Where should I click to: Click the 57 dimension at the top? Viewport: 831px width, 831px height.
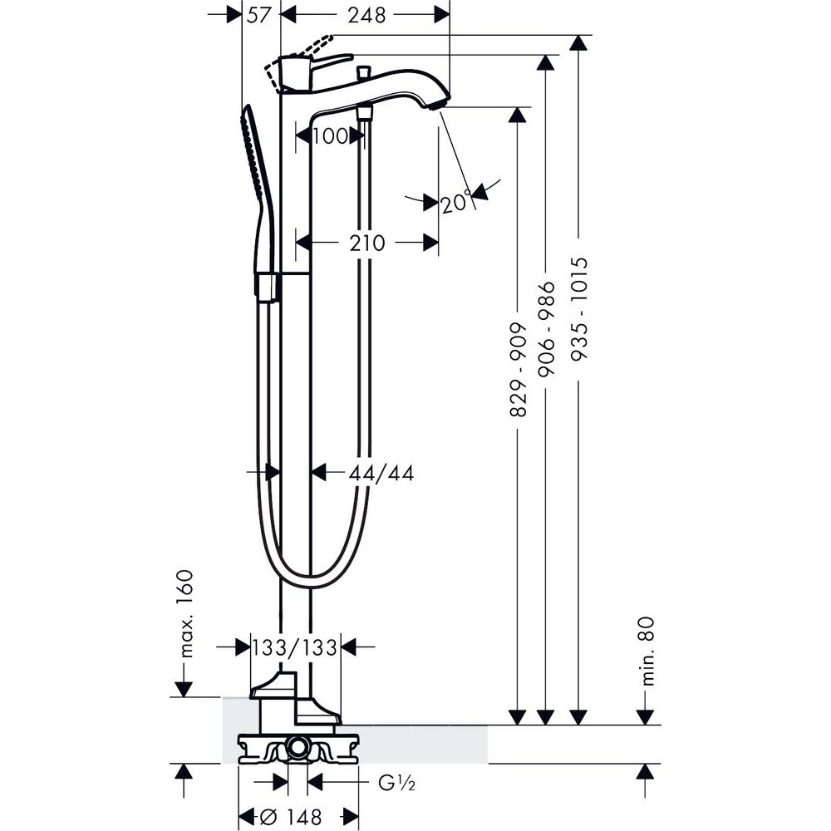(259, 15)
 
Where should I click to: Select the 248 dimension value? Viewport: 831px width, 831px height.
(366, 15)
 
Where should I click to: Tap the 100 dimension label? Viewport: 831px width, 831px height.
(330, 136)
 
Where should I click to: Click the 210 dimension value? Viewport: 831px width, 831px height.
(367, 243)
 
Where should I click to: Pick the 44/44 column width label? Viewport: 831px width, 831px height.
(381, 473)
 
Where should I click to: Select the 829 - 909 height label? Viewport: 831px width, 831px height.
(519, 370)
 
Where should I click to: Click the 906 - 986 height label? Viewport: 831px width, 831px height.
(546, 329)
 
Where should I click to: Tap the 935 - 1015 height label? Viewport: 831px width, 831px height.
(579, 309)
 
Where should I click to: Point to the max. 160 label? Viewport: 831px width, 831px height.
(185, 614)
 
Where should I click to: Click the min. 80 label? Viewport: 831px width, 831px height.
(647, 652)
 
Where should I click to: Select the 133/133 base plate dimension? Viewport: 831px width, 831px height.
(295, 647)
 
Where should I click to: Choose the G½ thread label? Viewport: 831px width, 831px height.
(396, 783)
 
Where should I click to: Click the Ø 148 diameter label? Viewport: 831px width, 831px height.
(293, 817)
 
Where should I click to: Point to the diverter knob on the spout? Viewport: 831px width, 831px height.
(364, 71)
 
